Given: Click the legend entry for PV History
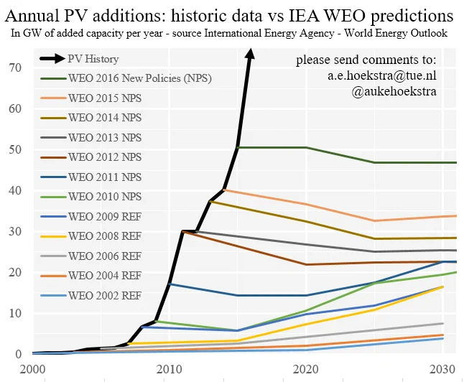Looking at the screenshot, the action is click(79, 59).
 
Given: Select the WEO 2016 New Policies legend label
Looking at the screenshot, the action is click(126, 78).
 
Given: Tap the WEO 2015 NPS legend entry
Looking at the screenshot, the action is click(91, 98).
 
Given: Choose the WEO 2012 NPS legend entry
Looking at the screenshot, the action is click(91, 157).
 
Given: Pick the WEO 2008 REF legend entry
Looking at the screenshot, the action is click(91, 236).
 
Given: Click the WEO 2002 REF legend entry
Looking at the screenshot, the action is click(91, 295).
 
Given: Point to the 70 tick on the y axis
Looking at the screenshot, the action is click(15, 67).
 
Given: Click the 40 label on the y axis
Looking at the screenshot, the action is click(15, 190).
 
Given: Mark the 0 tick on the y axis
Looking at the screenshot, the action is click(19, 354).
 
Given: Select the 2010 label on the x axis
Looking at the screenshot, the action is click(170, 369).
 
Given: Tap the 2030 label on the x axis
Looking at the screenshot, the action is click(442, 369).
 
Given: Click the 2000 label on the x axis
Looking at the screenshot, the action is click(32, 369).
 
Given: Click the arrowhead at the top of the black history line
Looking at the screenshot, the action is click(251, 54).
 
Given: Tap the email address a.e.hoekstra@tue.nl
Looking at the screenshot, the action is click(381, 75).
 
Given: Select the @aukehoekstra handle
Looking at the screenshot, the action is click(394, 91).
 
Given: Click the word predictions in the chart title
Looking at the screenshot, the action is click(412, 16).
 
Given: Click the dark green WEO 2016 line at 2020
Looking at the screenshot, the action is click(306, 147).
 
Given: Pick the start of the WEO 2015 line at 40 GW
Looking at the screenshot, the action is click(224, 190).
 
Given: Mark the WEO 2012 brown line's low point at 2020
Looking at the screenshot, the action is click(306, 264).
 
